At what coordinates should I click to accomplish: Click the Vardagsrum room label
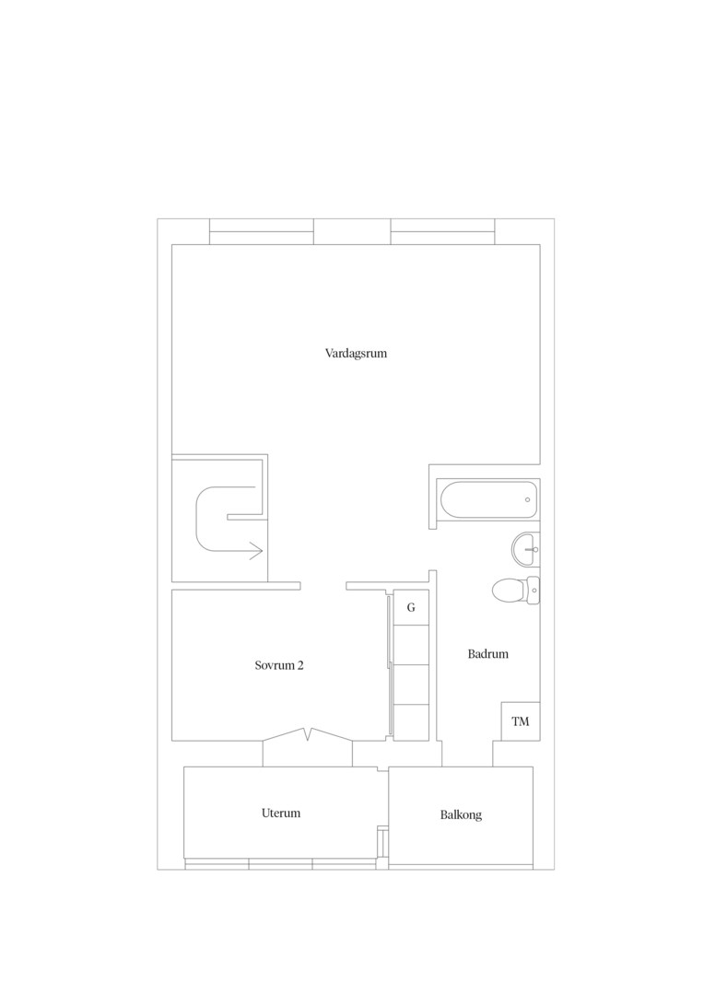click(x=356, y=354)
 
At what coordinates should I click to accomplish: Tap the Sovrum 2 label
click(x=279, y=666)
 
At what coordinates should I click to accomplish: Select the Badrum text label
click(x=488, y=653)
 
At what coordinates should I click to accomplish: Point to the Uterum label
click(x=280, y=813)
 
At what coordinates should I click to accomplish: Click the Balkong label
click(x=461, y=814)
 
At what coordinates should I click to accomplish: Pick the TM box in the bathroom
click(x=521, y=721)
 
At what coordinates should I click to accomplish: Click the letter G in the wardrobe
click(x=411, y=607)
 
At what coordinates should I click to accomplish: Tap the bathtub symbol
click(x=487, y=499)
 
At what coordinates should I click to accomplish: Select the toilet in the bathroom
click(x=515, y=591)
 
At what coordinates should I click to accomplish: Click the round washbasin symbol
click(x=525, y=548)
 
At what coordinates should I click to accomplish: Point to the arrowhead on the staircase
click(x=256, y=552)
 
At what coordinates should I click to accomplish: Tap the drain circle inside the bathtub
click(x=527, y=499)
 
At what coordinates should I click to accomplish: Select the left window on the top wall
click(x=262, y=231)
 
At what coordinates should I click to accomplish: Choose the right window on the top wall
click(x=442, y=231)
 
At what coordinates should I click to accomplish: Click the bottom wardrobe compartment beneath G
click(x=411, y=722)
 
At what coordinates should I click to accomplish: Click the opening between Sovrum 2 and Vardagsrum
click(x=323, y=585)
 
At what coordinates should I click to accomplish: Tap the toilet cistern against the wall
click(x=534, y=591)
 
